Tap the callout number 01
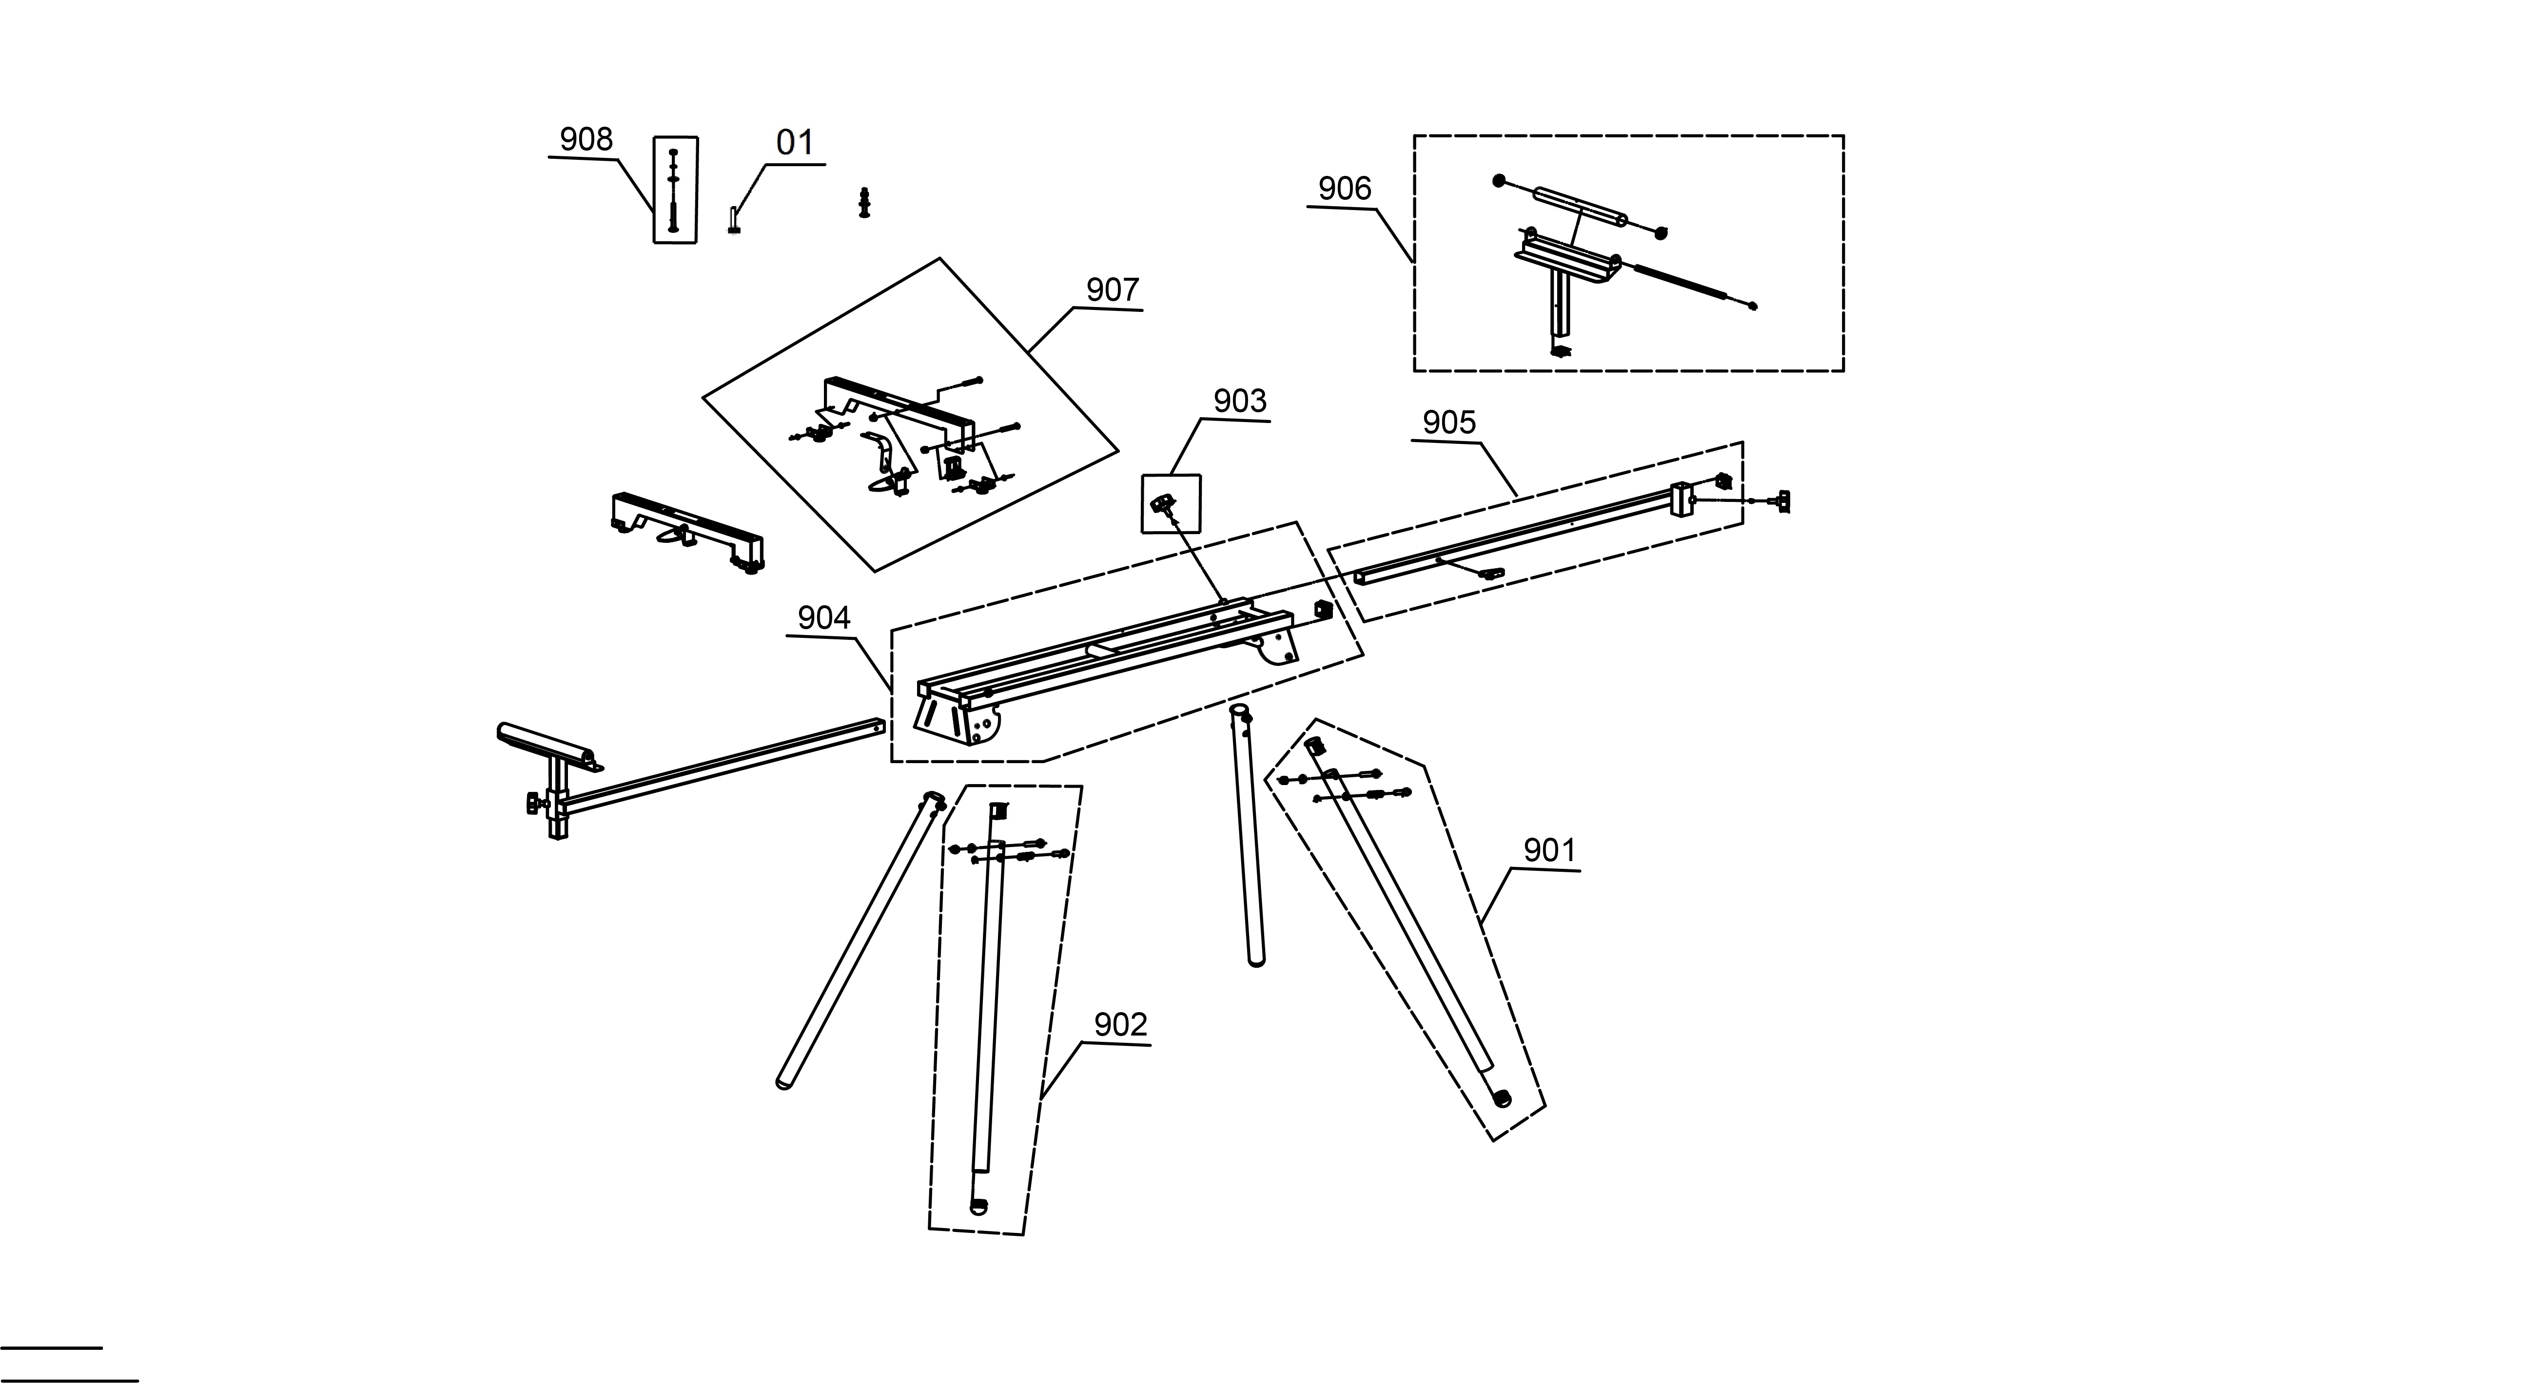(794, 143)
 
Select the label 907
(1112, 290)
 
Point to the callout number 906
(1344, 189)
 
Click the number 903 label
(1239, 402)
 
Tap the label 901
(1549, 850)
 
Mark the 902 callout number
(1120, 1025)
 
